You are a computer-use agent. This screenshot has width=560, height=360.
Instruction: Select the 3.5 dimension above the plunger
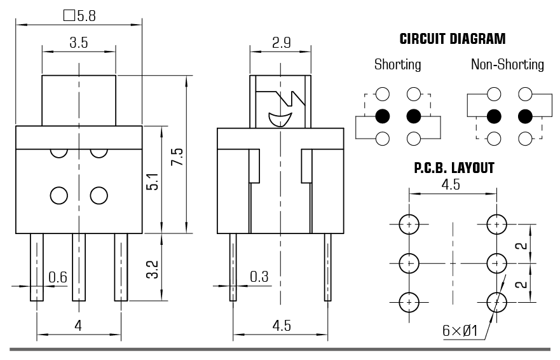79,43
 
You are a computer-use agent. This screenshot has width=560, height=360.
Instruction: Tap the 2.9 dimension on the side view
281,43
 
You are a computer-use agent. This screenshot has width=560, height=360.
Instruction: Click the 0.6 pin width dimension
58,277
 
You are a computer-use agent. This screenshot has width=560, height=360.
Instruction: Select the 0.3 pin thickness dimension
259,277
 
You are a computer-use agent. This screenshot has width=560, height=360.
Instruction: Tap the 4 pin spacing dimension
78,326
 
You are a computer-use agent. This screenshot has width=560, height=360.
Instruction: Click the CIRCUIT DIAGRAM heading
453,39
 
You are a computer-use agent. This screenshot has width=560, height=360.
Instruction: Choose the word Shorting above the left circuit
397,64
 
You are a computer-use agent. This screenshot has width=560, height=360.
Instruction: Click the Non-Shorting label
507,64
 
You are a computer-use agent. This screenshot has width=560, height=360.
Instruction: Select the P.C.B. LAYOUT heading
454,169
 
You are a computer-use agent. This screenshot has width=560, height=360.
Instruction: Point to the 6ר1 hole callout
460,331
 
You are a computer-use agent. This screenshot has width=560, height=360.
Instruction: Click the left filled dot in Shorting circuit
383,116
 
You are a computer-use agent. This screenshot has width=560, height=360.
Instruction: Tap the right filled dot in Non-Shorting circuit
525,116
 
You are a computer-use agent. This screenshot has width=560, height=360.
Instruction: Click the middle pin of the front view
79,267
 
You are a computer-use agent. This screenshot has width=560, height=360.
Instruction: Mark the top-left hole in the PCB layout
409,224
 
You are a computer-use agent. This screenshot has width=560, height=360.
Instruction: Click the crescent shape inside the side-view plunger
280,118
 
